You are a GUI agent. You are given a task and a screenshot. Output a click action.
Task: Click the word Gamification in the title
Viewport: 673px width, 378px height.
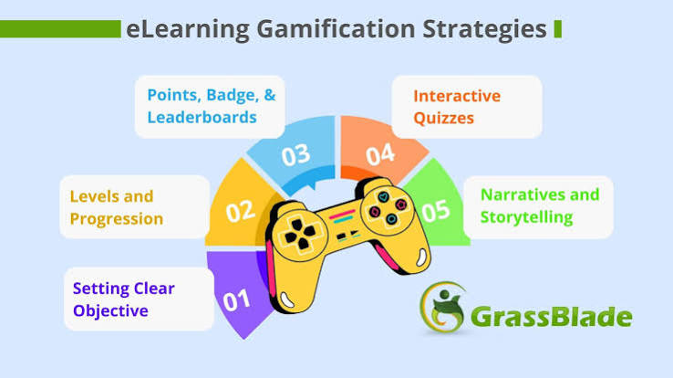coord(336,29)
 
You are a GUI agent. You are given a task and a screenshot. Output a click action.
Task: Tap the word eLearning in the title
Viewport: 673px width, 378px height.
coord(188,29)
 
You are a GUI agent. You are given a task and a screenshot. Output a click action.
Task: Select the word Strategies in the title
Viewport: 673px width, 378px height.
coord(484,29)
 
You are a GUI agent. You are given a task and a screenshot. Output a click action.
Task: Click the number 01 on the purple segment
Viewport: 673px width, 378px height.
coord(236,300)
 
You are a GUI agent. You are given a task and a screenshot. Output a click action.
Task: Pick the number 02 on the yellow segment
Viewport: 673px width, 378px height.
coord(241,211)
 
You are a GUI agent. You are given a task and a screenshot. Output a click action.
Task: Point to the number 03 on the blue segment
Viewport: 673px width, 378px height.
coord(295,154)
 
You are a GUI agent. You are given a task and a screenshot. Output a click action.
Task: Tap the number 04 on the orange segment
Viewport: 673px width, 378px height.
coord(380,154)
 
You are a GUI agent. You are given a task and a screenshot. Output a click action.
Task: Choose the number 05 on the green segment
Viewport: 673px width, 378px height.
coord(436,211)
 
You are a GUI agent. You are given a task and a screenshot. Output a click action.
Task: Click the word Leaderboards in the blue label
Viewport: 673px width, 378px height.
coord(202,117)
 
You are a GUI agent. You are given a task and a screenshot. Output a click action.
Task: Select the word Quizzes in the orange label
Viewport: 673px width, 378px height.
coord(443,118)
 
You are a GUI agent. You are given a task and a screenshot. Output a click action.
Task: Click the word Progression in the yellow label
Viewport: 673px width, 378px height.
coord(117,219)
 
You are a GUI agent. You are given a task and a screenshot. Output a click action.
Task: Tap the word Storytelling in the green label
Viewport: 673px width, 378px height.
coord(527,217)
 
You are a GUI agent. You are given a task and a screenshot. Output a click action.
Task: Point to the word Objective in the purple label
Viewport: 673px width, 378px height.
coord(110,310)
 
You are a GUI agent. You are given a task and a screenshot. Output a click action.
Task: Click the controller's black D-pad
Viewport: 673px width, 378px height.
coord(300,234)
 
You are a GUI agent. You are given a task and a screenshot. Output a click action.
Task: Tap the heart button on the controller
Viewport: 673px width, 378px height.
coord(383,197)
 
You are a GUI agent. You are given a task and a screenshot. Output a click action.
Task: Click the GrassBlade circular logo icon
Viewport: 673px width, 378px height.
coord(442,308)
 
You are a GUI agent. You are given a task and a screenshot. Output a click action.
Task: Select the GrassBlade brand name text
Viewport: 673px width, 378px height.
coord(552,317)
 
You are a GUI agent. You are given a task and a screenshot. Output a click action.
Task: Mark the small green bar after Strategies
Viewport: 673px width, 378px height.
coord(558,29)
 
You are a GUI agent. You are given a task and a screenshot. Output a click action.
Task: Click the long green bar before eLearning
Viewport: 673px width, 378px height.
coord(60,29)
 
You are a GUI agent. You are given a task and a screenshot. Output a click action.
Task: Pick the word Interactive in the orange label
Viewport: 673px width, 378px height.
coord(457,96)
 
